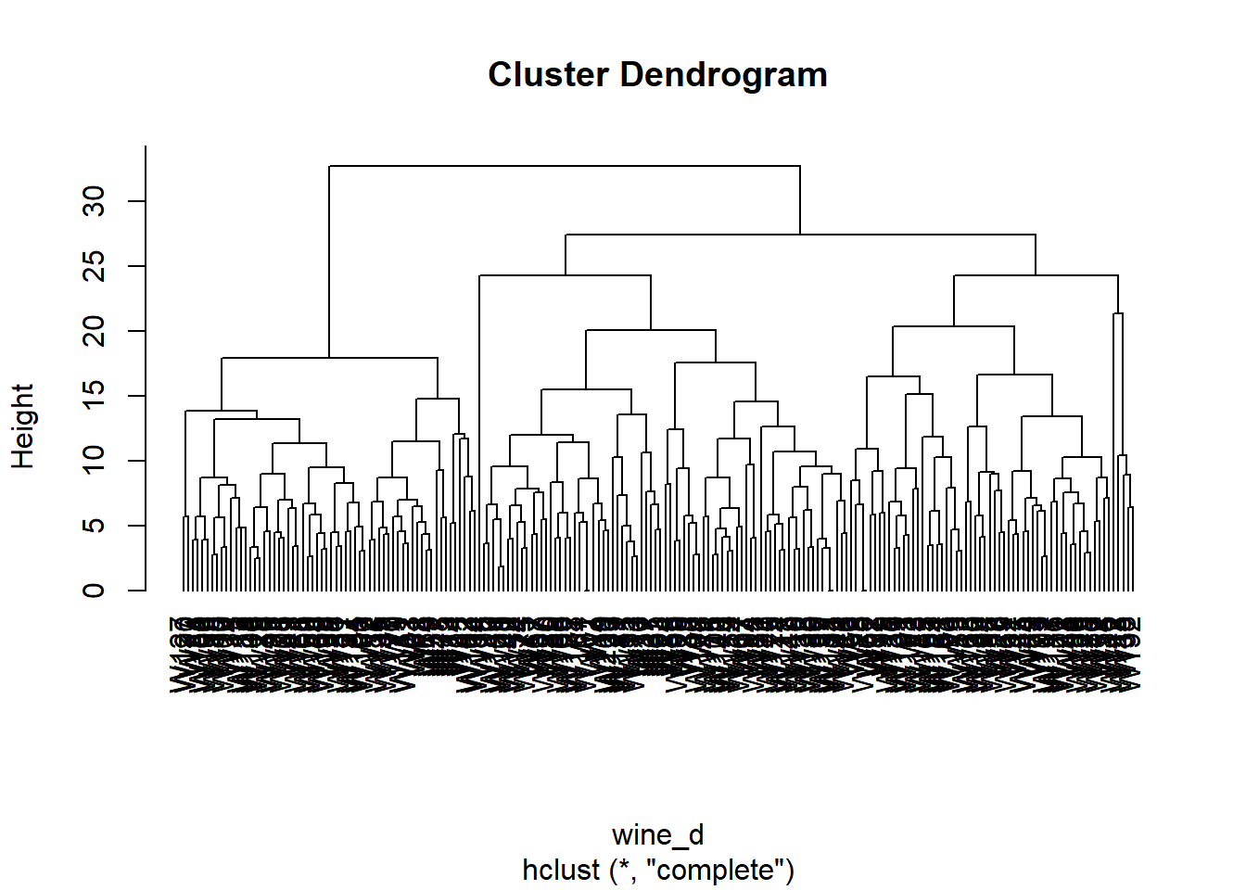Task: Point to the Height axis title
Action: click(x=22, y=426)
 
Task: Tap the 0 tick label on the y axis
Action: click(x=94, y=591)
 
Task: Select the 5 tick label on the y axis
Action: click(x=94, y=526)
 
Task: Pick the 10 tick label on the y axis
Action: click(x=94, y=461)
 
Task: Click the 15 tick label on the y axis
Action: click(x=94, y=396)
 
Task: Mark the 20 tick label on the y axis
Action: click(x=94, y=331)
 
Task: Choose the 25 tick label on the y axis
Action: click(x=94, y=266)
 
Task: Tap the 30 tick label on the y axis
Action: click(x=94, y=201)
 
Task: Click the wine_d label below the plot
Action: click(x=657, y=834)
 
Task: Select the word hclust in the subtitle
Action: click(x=561, y=871)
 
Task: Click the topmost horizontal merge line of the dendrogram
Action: click(x=564, y=166)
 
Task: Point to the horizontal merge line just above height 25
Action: click(x=799, y=235)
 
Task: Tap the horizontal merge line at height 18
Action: click(x=329, y=358)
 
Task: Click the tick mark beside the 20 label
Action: click(x=137, y=331)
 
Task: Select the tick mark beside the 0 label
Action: click(x=137, y=591)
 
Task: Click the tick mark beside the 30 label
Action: click(x=137, y=201)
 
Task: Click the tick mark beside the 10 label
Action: click(x=137, y=461)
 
